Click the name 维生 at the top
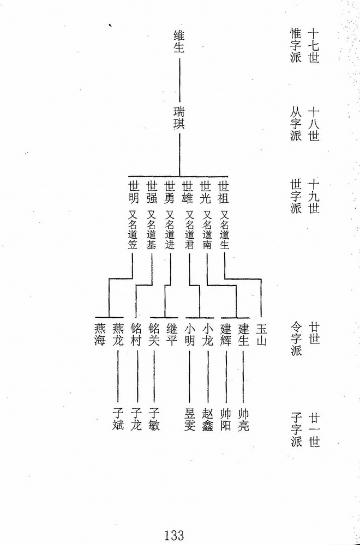pyautogui.click(x=179, y=41)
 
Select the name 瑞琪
pyautogui.click(x=179, y=118)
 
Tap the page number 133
pyautogui.click(x=174, y=535)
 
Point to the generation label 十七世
pyautogui.click(x=314, y=45)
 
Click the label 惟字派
pyautogui.click(x=296, y=45)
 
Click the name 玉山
pyautogui.click(x=261, y=335)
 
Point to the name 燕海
pyautogui.click(x=100, y=335)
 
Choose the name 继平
pyautogui.click(x=172, y=335)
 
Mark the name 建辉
pyautogui.click(x=226, y=335)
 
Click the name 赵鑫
pyautogui.click(x=208, y=420)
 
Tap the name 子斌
pyautogui.click(x=118, y=420)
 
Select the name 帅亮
pyautogui.click(x=243, y=420)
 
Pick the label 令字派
pyautogui.click(x=296, y=339)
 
